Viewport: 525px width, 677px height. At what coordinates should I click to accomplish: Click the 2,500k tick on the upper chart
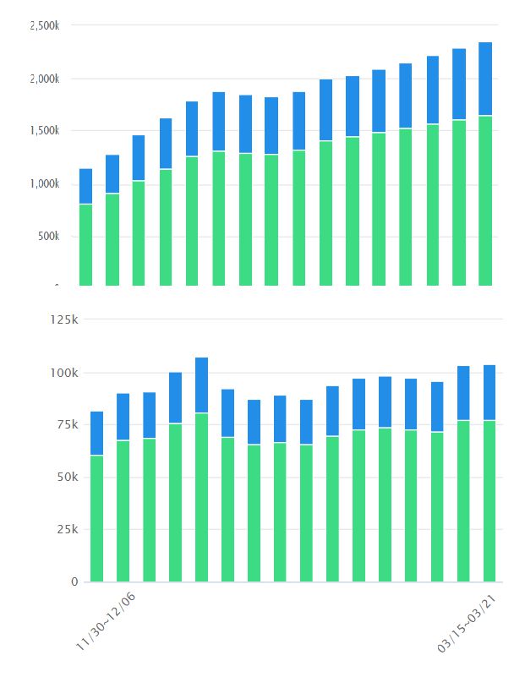point(44,26)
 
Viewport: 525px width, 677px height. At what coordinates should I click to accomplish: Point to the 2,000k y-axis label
point(44,79)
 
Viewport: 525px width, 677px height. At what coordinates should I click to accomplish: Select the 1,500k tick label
point(44,131)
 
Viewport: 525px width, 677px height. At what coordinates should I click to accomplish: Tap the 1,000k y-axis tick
point(44,183)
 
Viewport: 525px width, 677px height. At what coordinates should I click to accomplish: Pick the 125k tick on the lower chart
point(63,319)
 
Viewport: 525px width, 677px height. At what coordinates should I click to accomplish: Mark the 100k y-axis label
point(63,373)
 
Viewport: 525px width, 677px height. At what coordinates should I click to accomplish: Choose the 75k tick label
point(67,425)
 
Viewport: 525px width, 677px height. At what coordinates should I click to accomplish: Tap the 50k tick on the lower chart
point(67,478)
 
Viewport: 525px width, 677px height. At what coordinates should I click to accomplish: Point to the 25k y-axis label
point(67,530)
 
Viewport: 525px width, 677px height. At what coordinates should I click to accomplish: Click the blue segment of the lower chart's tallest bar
point(201,385)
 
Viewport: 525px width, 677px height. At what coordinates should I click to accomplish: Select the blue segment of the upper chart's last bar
point(485,79)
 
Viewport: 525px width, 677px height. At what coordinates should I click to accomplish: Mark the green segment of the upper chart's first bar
point(85,245)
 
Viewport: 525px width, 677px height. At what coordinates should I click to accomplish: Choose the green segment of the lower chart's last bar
point(489,500)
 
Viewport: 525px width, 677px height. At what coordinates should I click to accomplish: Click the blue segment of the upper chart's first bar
point(85,186)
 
